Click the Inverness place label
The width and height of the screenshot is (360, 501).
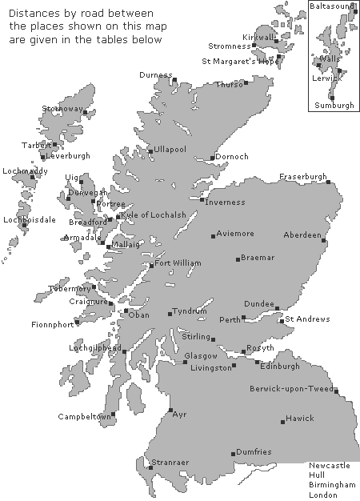(226, 202)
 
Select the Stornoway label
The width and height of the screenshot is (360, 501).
(62, 107)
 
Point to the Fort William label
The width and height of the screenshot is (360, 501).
(178, 263)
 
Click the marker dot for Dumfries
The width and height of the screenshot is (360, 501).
(233, 454)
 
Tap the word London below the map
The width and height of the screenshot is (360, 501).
(324, 495)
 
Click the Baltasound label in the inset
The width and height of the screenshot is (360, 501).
(330, 6)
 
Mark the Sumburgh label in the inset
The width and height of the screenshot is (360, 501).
(334, 105)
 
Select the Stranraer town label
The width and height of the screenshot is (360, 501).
(169, 463)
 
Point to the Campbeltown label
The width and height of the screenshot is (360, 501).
(83, 416)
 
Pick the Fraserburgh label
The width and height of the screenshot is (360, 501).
(303, 176)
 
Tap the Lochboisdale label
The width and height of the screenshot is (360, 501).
(30, 219)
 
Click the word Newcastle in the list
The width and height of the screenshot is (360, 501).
(330, 465)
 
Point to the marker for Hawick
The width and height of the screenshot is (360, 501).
(283, 421)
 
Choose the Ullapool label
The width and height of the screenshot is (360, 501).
(169, 150)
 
